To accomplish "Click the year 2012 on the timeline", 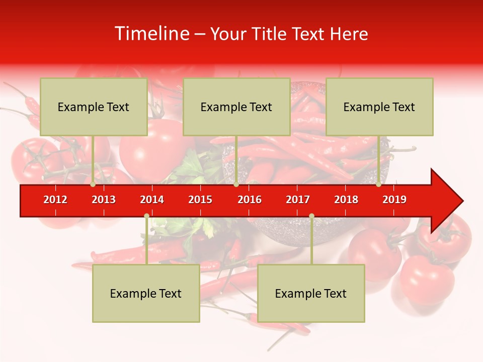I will (x=55, y=200).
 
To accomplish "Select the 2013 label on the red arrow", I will (x=104, y=200).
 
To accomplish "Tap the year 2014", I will (x=152, y=200).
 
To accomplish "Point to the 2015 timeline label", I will (x=200, y=200).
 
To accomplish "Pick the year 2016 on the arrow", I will (x=250, y=200).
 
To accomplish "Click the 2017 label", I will (x=298, y=200).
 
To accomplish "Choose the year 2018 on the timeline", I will (x=346, y=200).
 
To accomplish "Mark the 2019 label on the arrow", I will (x=394, y=200).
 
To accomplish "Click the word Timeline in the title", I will (x=151, y=34).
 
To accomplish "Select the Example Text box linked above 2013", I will (x=94, y=107).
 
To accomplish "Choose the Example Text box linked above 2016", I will (x=236, y=107).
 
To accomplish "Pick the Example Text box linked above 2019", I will (x=379, y=107).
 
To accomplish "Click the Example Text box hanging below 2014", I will (x=146, y=293).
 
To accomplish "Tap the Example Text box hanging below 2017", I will (x=311, y=293).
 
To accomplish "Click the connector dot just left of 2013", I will (x=93, y=185).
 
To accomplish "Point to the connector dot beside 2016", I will (x=236, y=185).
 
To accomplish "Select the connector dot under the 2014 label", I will (x=146, y=216).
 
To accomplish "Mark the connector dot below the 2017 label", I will (x=311, y=216).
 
